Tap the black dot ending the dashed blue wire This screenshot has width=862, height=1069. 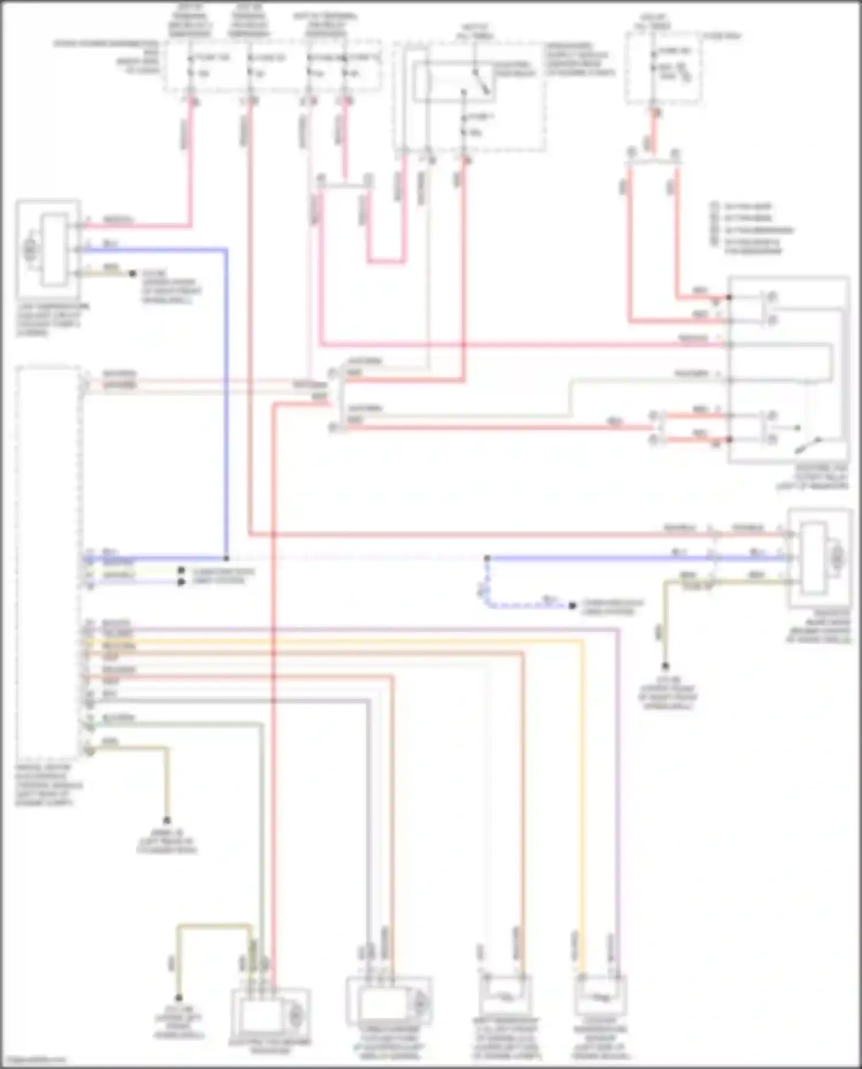pos(572,605)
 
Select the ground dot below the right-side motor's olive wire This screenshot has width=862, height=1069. pos(665,666)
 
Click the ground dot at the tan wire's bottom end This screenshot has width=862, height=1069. pos(167,820)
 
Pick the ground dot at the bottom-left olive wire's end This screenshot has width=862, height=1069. pos(179,998)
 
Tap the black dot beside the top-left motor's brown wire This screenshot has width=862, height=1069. pos(132,274)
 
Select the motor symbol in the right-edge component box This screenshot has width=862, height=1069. pos(838,556)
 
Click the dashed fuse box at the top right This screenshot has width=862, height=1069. pos(663,67)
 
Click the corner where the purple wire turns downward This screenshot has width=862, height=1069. pos(618,630)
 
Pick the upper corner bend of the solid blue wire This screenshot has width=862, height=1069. pos(226,250)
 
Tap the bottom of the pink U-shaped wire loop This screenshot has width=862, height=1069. pos(386,261)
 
